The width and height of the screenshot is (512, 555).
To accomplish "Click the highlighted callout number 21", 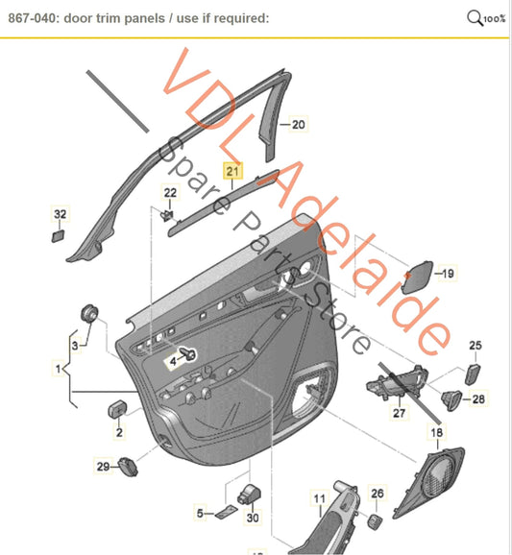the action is coord(232,171).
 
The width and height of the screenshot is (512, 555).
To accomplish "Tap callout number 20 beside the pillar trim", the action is coord(298,124).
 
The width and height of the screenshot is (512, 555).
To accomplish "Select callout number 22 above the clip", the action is coord(170,193).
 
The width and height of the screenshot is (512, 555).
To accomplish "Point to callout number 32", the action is coord(61,214).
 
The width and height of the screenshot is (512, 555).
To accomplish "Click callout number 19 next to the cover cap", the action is coord(448,273).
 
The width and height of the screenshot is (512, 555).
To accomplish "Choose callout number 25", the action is coord(475,345).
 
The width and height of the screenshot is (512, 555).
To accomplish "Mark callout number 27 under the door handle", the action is coord(399,413).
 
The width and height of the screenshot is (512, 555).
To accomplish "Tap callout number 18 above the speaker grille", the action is coord(436,432).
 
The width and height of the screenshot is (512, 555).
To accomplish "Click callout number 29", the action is coord(103,466).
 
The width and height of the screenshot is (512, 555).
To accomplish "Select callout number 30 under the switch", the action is coord(253,518).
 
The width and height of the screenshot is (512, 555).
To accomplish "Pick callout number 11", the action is coord(319,498).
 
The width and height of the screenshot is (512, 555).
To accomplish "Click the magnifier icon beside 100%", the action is coord(475,17).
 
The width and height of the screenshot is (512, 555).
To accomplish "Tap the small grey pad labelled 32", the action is coord(59,236).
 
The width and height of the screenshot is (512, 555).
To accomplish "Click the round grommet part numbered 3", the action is coord(89,313).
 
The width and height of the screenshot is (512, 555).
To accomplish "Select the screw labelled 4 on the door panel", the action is coord(188,353).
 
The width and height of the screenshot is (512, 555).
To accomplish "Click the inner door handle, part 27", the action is coord(398,382).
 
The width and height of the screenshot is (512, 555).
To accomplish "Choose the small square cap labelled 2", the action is coord(118,409).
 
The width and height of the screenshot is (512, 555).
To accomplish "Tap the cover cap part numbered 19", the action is coord(417,277).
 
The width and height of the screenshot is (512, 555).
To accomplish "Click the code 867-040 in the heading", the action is coord(32,18).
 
